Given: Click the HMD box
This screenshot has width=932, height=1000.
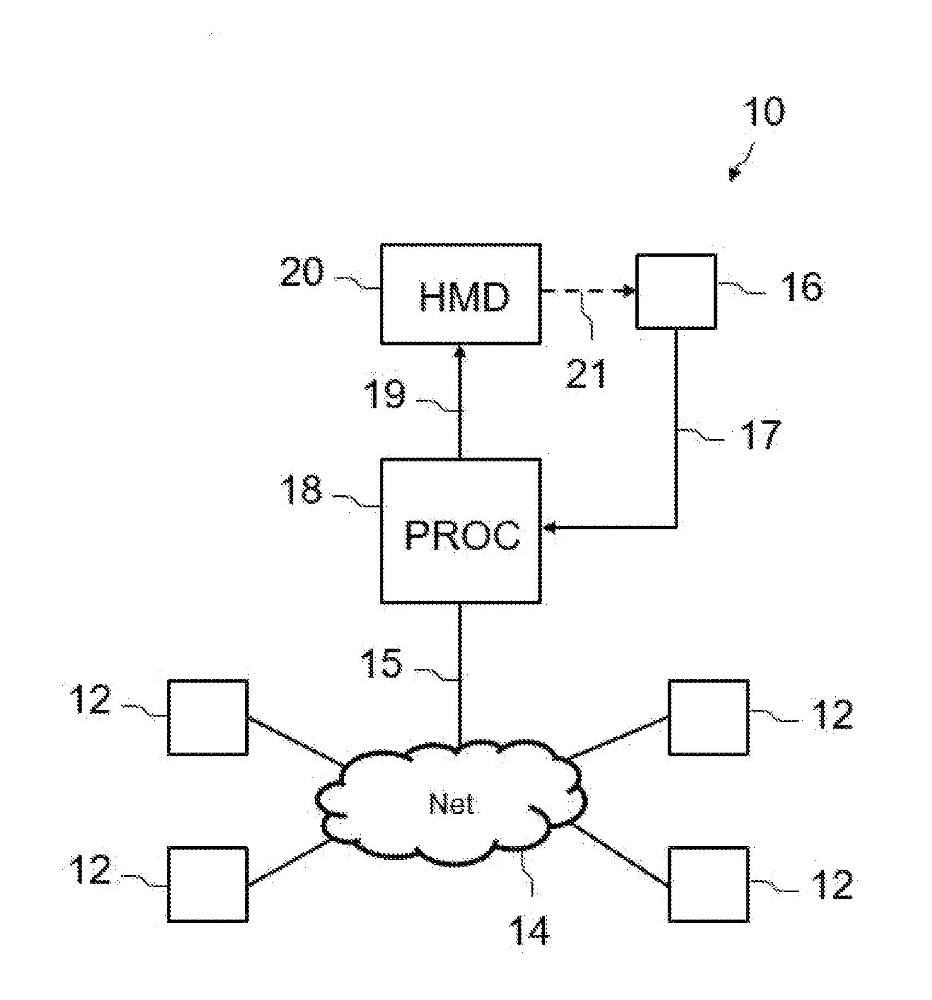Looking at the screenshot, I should coord(461,294).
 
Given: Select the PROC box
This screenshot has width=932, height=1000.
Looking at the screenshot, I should coord(461,530).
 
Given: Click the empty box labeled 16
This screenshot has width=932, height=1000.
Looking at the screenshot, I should coord(676,291).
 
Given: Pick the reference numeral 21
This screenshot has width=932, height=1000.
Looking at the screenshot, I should coord(586,373).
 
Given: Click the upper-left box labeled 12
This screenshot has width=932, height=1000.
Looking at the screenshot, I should coord(207,717).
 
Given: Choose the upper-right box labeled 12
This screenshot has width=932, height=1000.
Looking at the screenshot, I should coord(709,717).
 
